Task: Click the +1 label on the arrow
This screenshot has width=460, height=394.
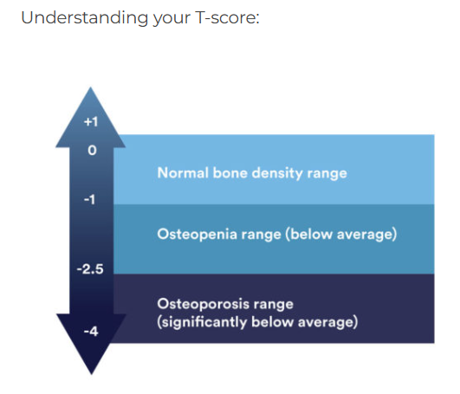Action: [91, 121]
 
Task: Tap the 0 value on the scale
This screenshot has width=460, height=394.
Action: [92, 151]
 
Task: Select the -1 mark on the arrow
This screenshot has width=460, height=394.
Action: [90, 200]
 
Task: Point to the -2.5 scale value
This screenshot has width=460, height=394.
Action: [90, 269]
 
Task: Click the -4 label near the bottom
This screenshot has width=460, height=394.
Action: [91, 332]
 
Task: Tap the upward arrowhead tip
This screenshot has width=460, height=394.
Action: [91, 87]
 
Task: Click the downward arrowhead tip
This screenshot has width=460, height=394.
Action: [92, 374]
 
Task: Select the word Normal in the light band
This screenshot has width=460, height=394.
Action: [183, 172]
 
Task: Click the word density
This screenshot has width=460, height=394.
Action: [277, 173]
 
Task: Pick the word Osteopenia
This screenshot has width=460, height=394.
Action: [197, 235]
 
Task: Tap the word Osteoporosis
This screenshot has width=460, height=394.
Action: [203, 304]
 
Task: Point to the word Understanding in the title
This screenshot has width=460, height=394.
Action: [85, 18]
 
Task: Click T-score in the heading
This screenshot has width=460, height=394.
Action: [227, 17]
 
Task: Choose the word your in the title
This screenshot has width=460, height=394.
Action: [172, 19]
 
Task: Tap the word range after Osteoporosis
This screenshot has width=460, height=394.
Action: [274, 305]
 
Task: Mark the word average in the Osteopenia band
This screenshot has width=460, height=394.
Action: [365, 235]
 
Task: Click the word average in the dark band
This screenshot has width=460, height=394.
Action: [326, 322]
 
